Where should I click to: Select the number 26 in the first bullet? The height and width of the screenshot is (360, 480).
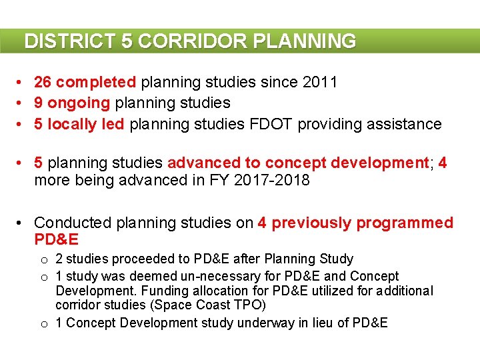(43, 82)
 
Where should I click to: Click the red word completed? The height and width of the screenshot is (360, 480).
(96, 82)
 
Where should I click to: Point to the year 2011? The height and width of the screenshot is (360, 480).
(320, 82)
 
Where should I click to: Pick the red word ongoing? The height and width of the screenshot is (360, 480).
(79, 103)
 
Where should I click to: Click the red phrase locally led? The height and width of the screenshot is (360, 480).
(85, 124)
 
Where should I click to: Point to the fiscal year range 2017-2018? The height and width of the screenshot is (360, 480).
(272, 180)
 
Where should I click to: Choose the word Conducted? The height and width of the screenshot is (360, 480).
(72, 223)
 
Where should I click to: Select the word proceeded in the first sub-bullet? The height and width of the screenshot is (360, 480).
(132, 259)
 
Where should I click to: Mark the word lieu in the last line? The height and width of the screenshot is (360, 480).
(318, 323)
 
